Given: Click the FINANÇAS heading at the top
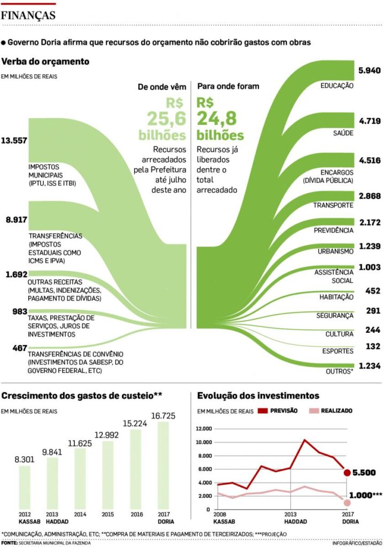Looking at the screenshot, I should coord(28,15).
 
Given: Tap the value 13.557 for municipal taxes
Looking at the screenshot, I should coord(14,140).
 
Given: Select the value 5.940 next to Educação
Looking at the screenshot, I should coord(370,71).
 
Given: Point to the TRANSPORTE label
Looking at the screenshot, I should coord(333,205).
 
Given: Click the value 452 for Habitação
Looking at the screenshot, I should coord(372,291).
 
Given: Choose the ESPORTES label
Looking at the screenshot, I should coord(338,351).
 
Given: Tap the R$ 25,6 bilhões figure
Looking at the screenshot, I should coord(162,118).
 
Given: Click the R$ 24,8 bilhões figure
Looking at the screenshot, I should coord(220,118).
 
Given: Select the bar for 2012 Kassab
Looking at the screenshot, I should coord(25,487).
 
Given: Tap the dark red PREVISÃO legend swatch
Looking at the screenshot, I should coord(264,411).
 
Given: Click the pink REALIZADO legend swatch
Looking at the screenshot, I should coord(315,411).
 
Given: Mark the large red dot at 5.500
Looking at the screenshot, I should coord(347,472).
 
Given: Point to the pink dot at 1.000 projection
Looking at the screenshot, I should coord(347,503).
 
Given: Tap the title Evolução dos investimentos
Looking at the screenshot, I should coord(258,395).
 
